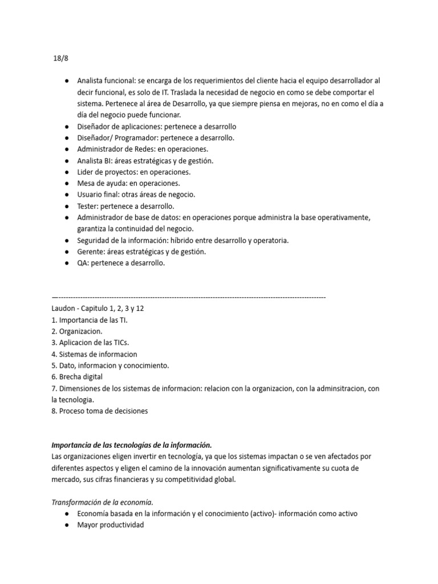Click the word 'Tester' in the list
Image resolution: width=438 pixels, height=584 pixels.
(87, 206)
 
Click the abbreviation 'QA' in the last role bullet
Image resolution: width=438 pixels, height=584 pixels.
(83, 263)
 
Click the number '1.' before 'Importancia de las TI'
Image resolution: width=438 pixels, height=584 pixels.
(54, 320)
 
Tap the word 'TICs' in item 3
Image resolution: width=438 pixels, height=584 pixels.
(119, 343)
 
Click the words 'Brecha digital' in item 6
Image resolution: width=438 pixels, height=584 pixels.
(82, 377)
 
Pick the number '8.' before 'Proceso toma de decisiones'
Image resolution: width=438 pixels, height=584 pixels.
(54, 411)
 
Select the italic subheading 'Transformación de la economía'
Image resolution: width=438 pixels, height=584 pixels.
(103, 502)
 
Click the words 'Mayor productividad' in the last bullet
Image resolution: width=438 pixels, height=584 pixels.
(111, 525)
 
